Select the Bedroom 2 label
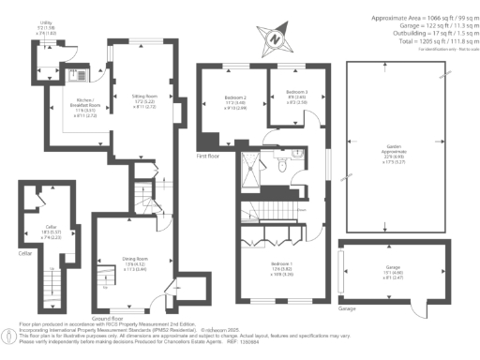[235, 97]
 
